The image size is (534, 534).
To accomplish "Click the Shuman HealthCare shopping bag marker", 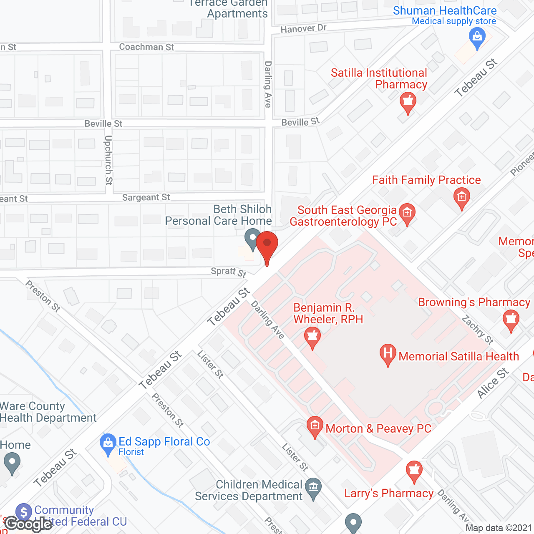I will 477,38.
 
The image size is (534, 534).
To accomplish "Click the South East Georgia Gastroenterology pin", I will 407,214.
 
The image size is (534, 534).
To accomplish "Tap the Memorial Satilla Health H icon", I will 388,354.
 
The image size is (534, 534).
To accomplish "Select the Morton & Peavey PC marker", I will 315,426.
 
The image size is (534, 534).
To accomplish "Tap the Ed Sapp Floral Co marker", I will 108,444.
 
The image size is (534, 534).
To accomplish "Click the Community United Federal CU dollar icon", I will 23,512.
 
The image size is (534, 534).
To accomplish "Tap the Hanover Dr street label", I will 303,29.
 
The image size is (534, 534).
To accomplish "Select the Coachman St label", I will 146,47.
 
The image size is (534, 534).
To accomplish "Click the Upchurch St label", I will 108,160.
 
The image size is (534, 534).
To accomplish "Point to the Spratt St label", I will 228,272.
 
